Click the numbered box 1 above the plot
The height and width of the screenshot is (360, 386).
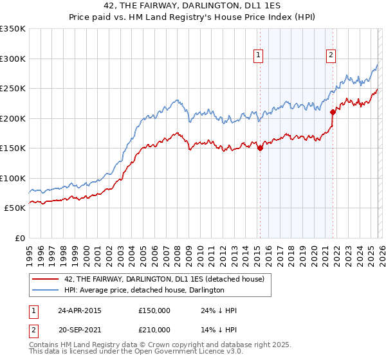click(x=258, y=56)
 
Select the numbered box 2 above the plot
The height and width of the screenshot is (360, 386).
click(x=331, y=56)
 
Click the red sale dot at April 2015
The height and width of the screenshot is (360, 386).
click(x=260, y=148)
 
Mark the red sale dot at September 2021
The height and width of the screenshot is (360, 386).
click(x=333, y=113)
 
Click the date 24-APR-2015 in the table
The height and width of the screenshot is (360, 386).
click(x=79, y=310)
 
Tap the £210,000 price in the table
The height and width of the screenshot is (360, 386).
click(x=154, y=329)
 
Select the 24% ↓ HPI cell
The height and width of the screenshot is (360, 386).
click(x=219, y=310)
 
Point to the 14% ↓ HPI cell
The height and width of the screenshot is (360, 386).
click(x=219, y=329)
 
